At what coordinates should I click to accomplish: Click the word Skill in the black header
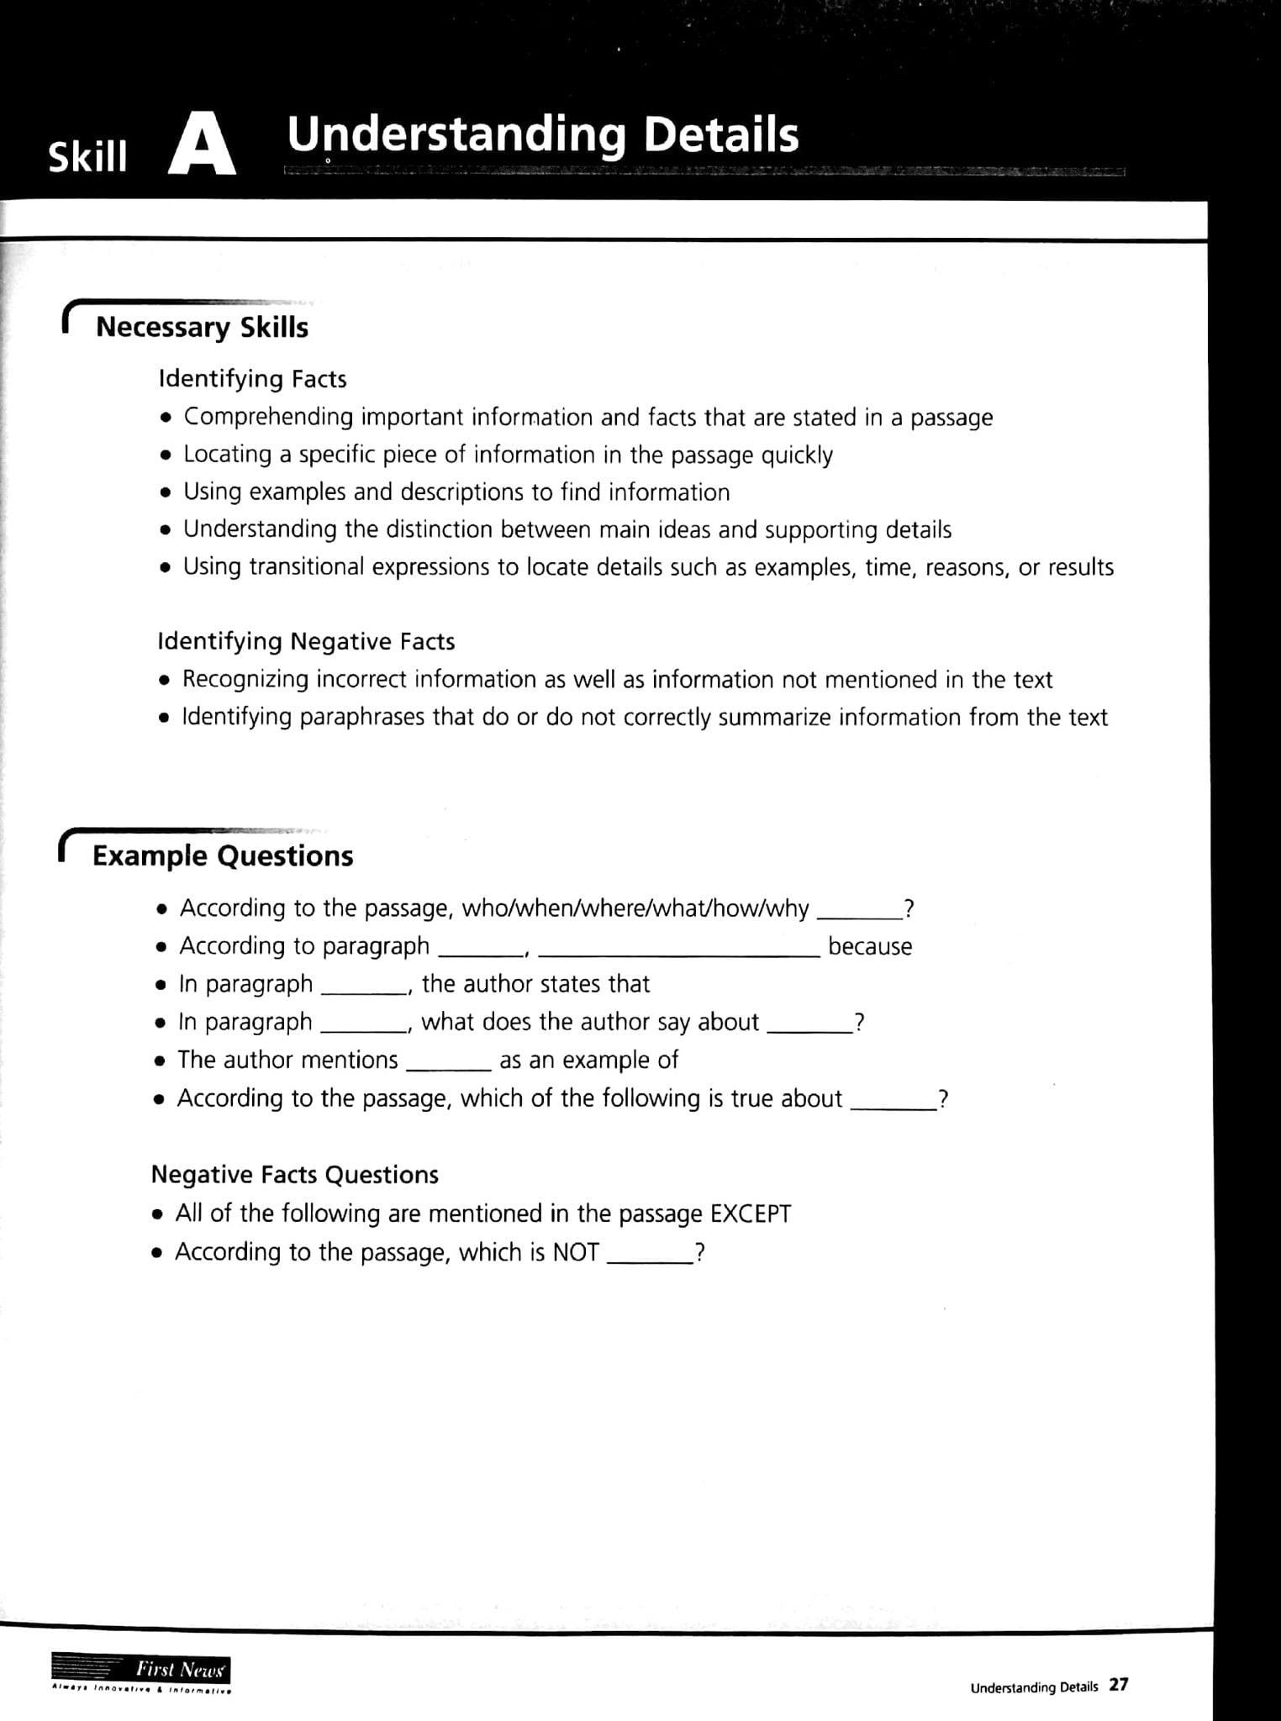point(87,156)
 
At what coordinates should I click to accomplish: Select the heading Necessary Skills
point(202,327)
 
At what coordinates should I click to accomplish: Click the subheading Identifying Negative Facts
point(306,641)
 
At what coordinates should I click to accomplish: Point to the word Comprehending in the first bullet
point(268,417)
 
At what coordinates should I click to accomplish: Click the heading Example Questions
point(223,855)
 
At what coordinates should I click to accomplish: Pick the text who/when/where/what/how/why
point(635,908)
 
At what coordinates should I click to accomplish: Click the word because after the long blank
point(869,946)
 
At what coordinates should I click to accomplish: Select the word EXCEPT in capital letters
point(750,1213)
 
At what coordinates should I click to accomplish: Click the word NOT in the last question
point(575,1252)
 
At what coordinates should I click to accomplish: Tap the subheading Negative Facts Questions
point(294,1174)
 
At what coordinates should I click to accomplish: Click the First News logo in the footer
point(141,1670)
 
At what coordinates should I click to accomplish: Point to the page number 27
point(1118,1685)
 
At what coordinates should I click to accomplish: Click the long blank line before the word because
point(677,955)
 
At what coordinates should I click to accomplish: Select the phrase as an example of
point(588,1060)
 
